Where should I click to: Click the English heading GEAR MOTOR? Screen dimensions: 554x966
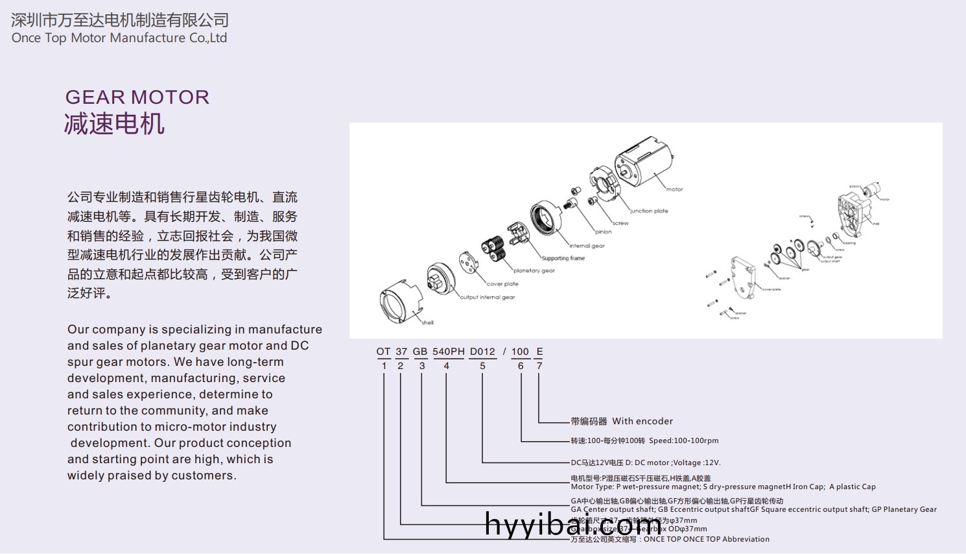[x=137, y=97]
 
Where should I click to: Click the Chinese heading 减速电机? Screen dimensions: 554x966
[x=114, y=123]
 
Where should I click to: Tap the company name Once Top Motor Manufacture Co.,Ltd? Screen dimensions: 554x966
[x=119, y=38]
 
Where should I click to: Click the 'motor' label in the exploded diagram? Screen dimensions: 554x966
[x=674, y=189]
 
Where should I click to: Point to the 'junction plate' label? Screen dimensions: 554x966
[x=649, y=211]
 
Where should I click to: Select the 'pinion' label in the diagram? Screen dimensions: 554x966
[x=604, y=232]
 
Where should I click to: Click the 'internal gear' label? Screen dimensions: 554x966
[x=587, y=246]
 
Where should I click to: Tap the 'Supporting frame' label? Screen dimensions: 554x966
[x=563, y=258]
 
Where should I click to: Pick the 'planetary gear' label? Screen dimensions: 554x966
[x=534, y=271]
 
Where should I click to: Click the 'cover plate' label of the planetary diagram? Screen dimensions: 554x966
[x=502, y=284]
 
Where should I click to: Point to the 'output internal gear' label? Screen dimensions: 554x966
[x=488, y=297]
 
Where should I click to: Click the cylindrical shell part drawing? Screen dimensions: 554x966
[x=399, y=302]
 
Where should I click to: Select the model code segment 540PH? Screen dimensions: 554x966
[x=449, y=352]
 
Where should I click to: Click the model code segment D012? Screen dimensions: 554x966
[x=482, y=352]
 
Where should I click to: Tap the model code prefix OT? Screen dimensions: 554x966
[x=383, y=352]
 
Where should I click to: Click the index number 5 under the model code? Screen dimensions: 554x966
[x=482, y=366]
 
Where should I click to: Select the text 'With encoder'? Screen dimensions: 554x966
[x=642, y=421]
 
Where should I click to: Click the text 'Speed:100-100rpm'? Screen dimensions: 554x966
[x=683, y=440]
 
